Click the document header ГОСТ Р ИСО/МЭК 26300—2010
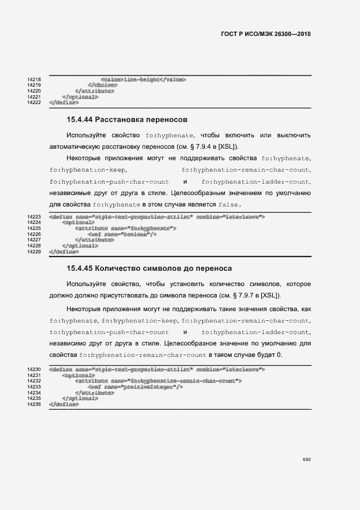coord(265,34)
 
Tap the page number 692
coord(307,459)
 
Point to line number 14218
coord(34,80)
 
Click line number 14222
coord(34,102)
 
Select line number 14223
coord(34,217)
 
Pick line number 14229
coord(34,252)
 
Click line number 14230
coord(34,369)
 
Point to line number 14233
coord(34,387)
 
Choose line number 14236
coord(34,404)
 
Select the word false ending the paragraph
coord(229,205)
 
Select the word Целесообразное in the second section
coord(206,343)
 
